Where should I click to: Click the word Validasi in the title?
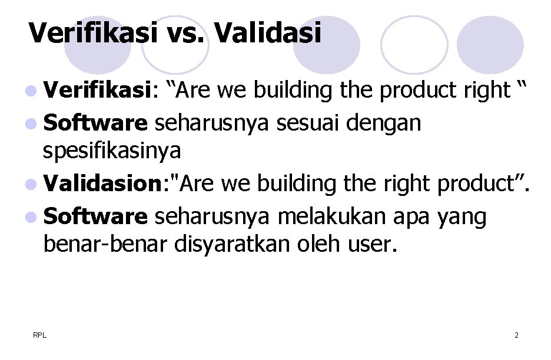coord(268,33)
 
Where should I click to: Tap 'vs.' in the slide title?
coord(184,33)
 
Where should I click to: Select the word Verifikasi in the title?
coord(93,33)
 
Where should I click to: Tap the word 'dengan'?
coord(384,124)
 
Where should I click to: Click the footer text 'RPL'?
coord(39,335)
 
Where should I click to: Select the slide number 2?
coord(516,335)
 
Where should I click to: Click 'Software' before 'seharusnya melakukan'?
coord(95,216)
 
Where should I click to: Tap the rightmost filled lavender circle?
coord(490,45)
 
